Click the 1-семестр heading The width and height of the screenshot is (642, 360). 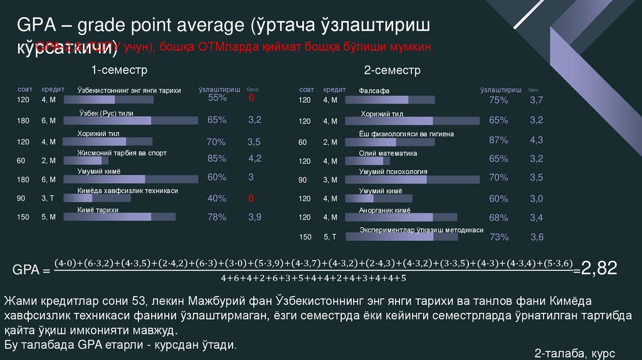coord(119,69)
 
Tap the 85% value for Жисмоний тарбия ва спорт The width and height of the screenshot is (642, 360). coord(217,158)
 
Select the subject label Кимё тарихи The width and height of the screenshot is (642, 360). coord(98,210)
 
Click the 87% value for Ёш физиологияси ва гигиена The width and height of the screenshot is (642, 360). coord(498,140)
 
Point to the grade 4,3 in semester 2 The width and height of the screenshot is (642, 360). coord(536,140)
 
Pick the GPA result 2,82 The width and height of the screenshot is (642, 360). coord(599,269)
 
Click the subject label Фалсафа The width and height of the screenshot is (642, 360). coord(374,91)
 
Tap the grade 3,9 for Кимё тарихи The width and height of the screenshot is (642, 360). coord(255,217)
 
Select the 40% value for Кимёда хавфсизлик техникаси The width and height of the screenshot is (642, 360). coord(217,198)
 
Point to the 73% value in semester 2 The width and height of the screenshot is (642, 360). coord(498,237)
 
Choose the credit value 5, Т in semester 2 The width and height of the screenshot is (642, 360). coord(330,237)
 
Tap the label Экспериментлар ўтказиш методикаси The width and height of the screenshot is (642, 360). coord(421,230)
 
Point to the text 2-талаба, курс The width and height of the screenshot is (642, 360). coord(575,354)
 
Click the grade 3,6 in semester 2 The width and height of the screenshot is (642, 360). coord(537,237)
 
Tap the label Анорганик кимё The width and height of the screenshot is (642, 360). coord(384,211)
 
